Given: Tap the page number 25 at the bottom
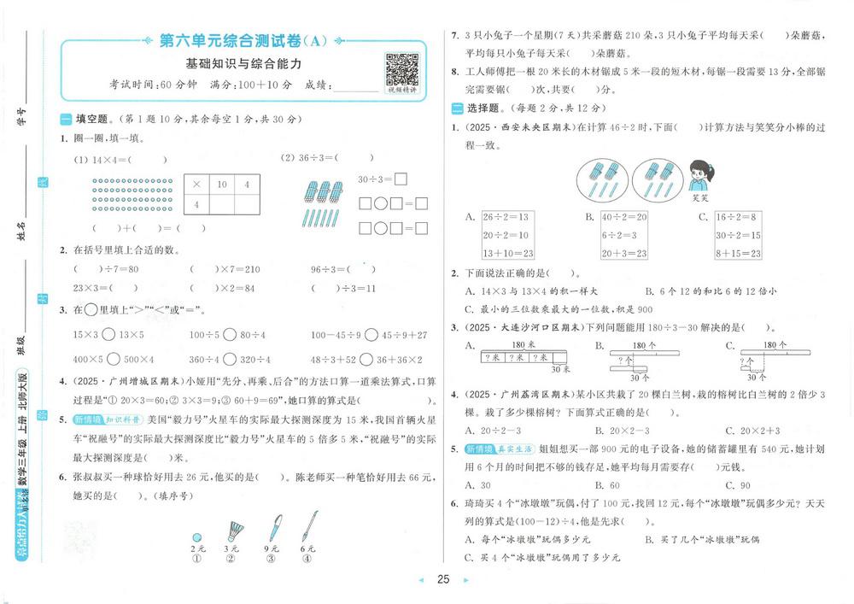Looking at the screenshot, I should (x=443, y=580).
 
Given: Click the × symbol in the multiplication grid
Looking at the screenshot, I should (x=196, y=184).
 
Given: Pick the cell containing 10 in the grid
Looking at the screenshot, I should (x=222, y=184).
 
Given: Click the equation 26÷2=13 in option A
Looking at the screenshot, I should (x=505, y=218).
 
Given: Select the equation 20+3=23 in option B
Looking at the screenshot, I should (x=625, y=253).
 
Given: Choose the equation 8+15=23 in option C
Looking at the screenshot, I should (x=740, y=253).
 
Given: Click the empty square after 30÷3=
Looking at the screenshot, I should (x=400, y=179).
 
